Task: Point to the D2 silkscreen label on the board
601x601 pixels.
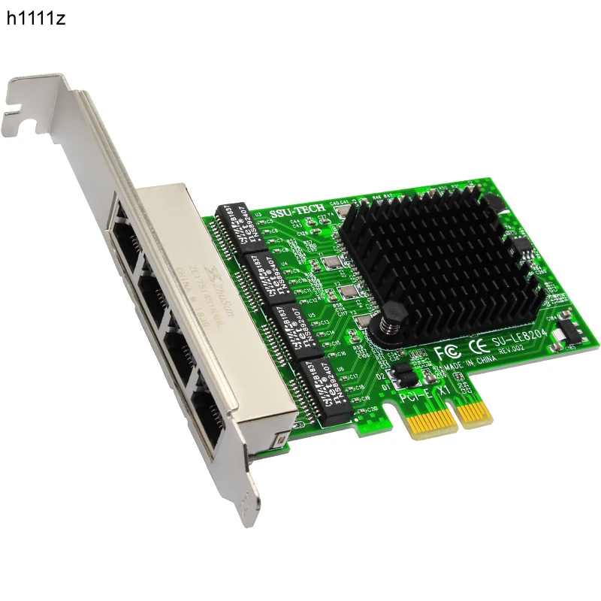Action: tap(381, 376)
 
